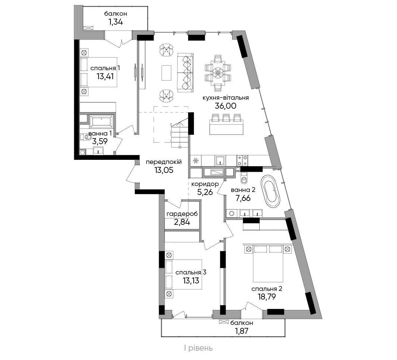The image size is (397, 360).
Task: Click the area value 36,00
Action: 225,106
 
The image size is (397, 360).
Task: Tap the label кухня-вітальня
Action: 225,97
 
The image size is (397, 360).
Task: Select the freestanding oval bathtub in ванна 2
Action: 271,190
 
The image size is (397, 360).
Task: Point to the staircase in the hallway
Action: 180,134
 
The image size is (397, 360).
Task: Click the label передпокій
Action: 163,162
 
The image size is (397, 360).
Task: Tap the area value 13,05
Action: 164,170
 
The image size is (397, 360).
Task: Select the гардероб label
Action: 182,214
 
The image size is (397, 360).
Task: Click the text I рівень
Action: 198,348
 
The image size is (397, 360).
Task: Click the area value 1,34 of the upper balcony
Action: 116,22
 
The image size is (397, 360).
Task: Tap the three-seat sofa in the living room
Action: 185,73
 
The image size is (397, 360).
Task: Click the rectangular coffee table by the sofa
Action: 166,73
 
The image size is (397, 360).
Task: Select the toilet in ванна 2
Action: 244,178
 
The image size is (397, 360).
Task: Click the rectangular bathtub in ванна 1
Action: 101,121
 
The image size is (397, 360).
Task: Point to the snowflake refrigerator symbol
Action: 196,161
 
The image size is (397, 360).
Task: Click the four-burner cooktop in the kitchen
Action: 242,161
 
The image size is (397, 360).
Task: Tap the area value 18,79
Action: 267,297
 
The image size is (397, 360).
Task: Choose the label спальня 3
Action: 191,272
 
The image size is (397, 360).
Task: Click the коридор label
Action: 205,184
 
